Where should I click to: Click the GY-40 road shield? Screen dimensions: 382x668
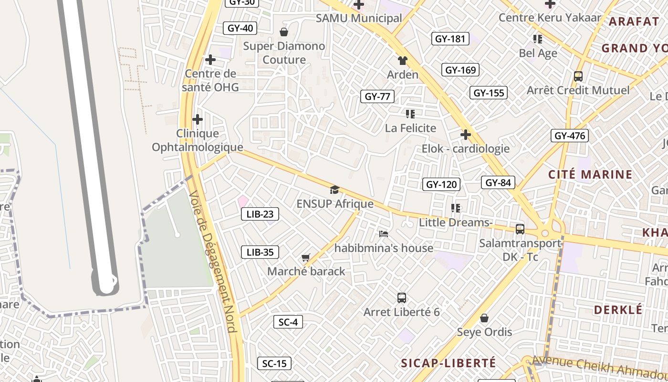point(240,28)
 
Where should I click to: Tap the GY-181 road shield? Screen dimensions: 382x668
point(450,39)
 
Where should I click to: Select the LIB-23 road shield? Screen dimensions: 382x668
point(260,214)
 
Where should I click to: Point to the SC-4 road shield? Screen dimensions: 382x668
point(288,322)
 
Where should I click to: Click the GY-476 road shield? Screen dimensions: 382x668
point(569,136)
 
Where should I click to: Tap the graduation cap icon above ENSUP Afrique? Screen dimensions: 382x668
point(334,190)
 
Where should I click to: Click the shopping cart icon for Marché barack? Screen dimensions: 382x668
point(306,258)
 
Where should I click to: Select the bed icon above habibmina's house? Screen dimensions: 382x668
point(383,234)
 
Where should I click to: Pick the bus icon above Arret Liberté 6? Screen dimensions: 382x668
point(402,298)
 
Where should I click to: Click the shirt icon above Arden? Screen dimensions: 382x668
point(403,61)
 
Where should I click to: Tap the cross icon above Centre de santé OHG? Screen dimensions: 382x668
point(210,60)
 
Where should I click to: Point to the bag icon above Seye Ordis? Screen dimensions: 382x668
point(484,318)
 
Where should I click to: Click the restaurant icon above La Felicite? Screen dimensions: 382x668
point(410,114)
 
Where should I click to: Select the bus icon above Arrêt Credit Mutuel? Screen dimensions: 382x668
point(578,76)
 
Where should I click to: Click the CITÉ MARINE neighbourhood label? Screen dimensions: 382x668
point(590,174)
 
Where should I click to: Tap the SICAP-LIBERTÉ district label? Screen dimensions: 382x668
point(448,363)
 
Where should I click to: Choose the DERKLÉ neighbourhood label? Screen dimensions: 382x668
point(618,309)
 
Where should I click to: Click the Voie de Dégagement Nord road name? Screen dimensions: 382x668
point(212,262)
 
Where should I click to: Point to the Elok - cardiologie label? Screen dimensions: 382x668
point(465,149)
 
